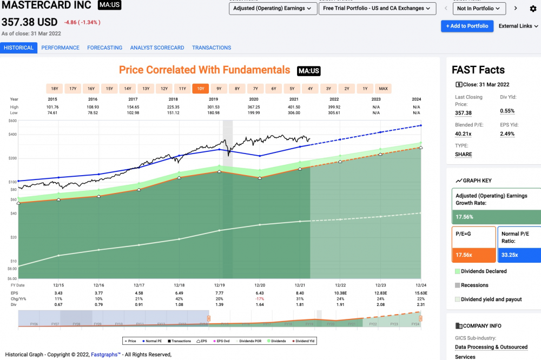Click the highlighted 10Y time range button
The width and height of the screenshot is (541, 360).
point(201,88)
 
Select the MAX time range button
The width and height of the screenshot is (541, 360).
point(383,88)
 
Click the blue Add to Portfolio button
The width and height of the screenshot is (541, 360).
point(467,26)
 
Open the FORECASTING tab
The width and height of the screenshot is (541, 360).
point(104,48)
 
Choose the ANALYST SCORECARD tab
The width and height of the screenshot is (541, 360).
point(157,48)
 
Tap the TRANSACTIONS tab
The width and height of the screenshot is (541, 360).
point(212,48)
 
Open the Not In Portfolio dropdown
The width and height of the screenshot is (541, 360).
point(479,9)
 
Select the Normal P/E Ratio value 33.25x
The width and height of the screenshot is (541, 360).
point(510,255)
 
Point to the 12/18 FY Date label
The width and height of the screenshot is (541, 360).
point(179,285)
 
